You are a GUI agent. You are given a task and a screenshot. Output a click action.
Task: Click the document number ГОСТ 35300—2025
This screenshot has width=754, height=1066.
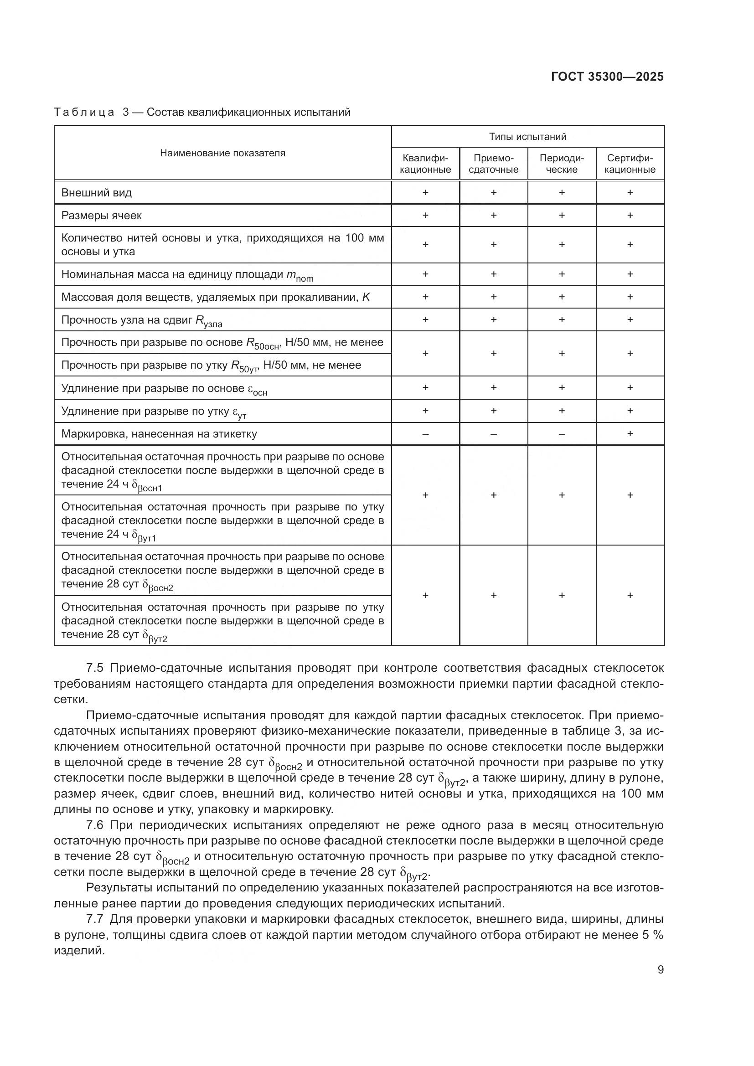click(607, 77)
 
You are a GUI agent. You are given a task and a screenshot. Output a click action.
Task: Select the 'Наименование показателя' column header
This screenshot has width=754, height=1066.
click(222, 153)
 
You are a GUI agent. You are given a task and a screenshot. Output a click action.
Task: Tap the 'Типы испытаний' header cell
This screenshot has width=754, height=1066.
click(527, 137)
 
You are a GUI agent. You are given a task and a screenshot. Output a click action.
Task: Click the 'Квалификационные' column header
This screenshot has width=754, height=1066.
click(425, 164)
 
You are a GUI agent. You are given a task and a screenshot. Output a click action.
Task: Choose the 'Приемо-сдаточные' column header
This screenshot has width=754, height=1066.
click(493, 164)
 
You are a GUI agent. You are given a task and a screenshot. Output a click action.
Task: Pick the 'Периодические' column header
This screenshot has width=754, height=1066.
click(561, 164)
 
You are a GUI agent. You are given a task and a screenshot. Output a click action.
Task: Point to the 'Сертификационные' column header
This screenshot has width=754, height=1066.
click(630, 164)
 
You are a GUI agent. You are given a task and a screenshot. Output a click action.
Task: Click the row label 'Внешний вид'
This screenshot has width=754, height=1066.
click(97, 193)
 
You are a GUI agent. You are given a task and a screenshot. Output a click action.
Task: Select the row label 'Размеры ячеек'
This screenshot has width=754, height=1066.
click(101, 216)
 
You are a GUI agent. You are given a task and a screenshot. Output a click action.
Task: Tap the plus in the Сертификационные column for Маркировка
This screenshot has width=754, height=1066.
click(630, 433)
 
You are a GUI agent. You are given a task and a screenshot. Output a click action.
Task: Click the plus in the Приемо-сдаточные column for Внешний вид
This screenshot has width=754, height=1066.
click(493, 192)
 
